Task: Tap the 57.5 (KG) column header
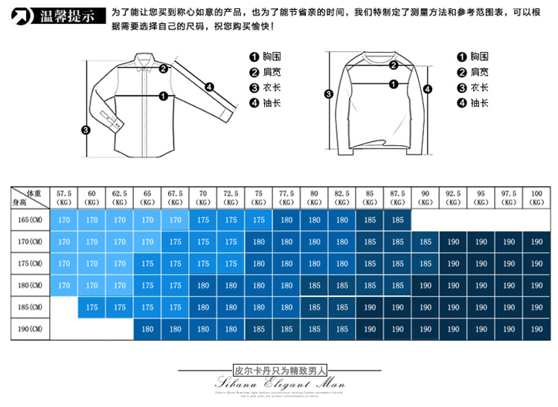[x=64, y=197]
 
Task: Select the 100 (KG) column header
[x=536, y=197]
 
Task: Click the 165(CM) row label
[x=30, y=220]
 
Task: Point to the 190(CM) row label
[x=30, y=327]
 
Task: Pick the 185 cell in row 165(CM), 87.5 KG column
[x=398, y=220]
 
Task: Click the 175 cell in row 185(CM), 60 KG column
[x=92, y=307]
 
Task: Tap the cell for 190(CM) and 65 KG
[x=147, y=328]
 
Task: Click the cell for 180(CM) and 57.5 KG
[x=64, y=285]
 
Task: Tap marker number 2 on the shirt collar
[x=163, y=69]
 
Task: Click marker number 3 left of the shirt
[x=86, y=130]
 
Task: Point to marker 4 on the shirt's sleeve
[x=210, y=87]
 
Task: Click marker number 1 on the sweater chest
[x=391, y=65]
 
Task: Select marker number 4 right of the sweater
[x=427, y=89]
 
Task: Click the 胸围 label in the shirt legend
[x=272, y=57]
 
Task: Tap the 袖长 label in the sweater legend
[x=480, y=103]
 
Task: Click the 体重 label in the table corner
[x=32, y=193]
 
